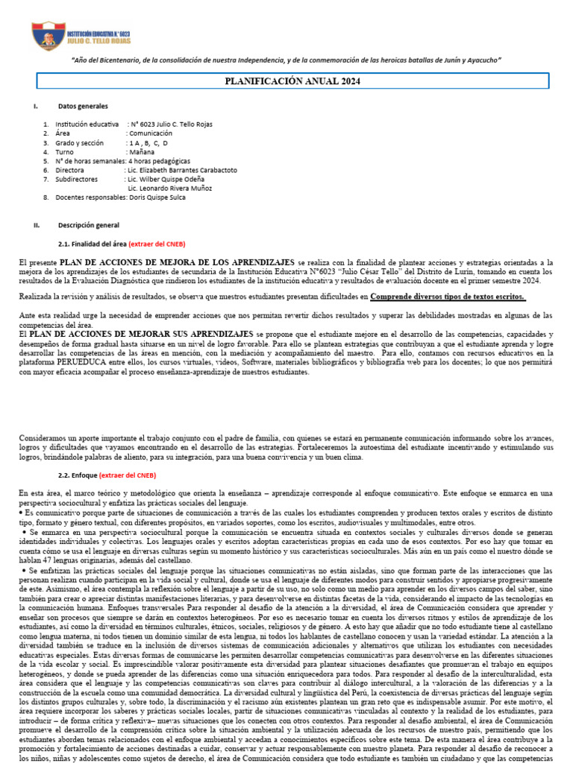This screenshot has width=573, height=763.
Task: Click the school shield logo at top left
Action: (48, 35)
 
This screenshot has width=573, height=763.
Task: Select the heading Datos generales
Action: (83, 107)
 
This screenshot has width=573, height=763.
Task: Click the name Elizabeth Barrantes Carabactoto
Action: (187, 170)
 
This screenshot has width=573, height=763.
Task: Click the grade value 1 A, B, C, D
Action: (149, 142)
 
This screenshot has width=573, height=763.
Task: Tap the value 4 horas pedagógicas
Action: (159, 161)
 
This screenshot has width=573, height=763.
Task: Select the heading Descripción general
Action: (88, 224)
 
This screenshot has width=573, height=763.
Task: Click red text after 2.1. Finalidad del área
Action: (157, 244)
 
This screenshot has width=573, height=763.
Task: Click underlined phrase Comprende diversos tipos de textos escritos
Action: (458, 297)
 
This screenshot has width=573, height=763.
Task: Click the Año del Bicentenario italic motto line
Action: (286, 60)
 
